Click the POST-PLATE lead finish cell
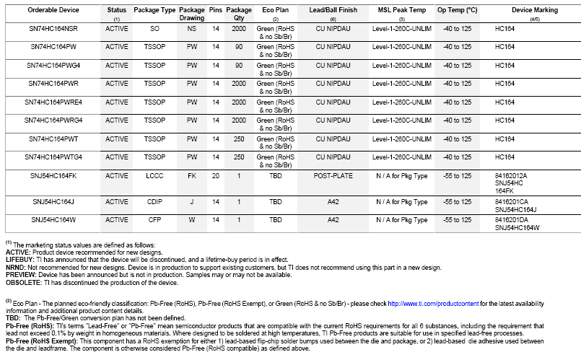click(x=333, y=175)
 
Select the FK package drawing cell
click(x=192, y=175)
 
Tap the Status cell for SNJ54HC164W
click(x=117, y=219)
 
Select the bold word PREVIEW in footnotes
click(x=20, y=275)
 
